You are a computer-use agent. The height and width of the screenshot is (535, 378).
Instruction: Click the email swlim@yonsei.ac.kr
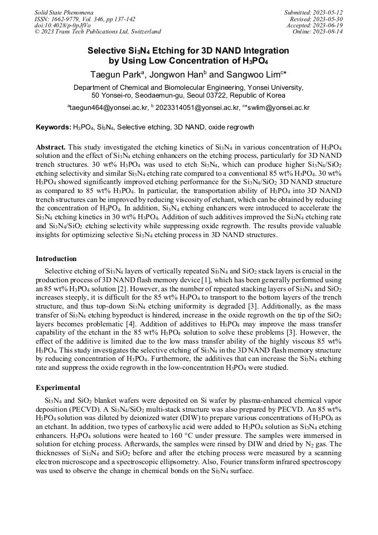pos(278,107)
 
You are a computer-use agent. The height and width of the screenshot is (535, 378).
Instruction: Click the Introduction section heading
pos(56,259)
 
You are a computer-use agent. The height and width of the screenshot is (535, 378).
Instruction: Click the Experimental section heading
pos(58,388)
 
